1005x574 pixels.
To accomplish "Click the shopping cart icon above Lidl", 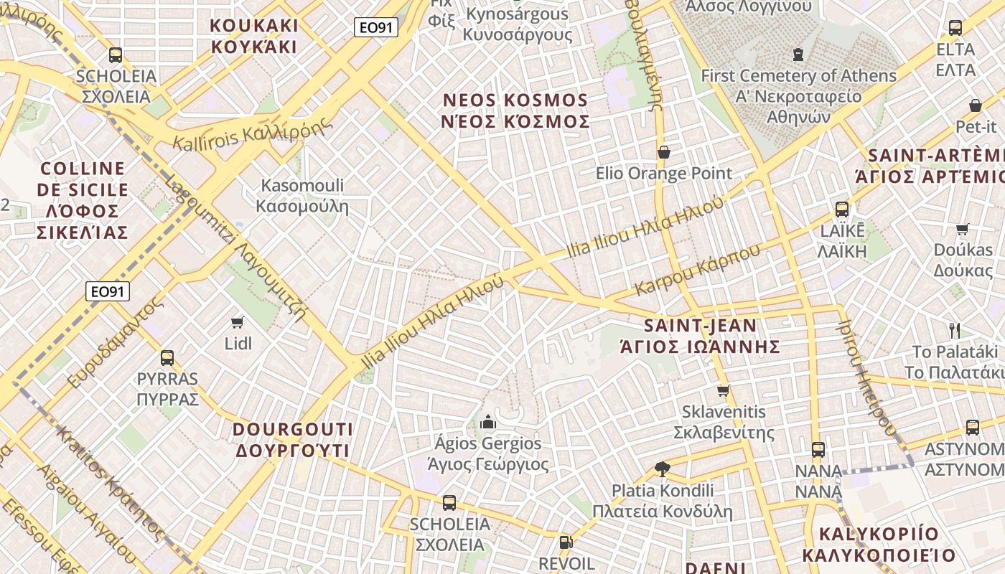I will coord(238,322).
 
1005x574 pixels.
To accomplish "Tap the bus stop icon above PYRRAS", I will coord(167,357).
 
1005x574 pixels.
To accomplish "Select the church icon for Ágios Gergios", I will coord(488,421).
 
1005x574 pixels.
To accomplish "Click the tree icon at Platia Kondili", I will coord(663,469).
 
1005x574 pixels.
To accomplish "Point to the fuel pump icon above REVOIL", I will coord(566,542).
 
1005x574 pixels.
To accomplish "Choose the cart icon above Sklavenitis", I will coord(724,391).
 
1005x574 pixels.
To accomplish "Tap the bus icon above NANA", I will coord(818,450).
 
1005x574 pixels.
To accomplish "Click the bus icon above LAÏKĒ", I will coord(842,210).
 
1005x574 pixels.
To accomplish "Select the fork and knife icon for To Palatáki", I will coord(955,331).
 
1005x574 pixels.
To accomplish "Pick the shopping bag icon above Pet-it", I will coord(976,105).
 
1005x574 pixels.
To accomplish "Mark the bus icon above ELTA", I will coord(955,28).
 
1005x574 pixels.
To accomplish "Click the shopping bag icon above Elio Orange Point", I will coord(664,152).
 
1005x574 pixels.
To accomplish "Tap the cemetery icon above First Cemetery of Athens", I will coord(798,54).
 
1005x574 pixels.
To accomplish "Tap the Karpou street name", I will coord(697,272).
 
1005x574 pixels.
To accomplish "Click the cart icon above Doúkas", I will coord(963,230).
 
